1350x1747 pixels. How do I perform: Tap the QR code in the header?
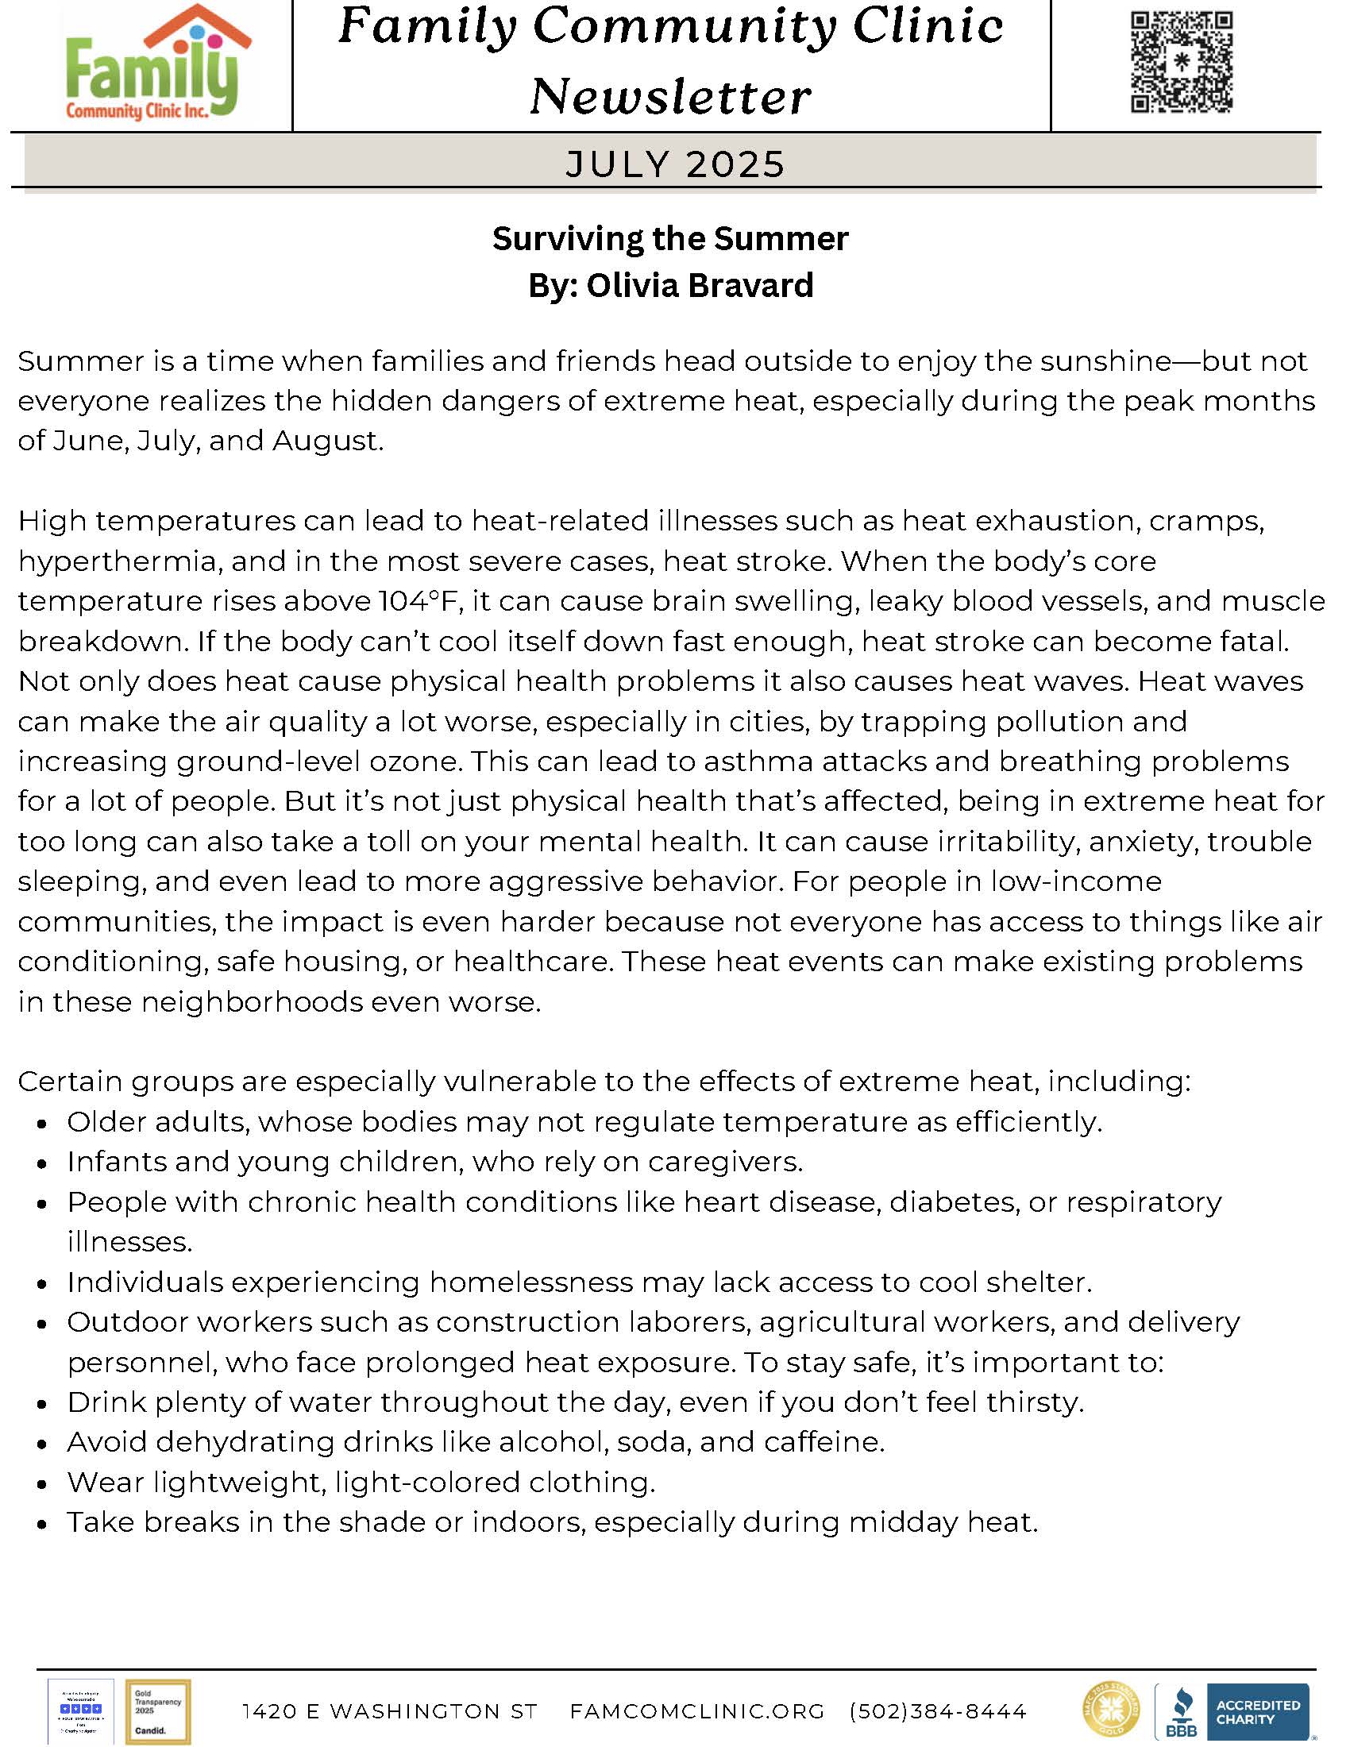click(1182, 63)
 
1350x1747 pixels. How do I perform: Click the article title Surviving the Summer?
click(670, 238)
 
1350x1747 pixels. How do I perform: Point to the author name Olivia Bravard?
click(700, 286)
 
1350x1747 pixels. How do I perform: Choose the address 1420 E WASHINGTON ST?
click(389, 1711)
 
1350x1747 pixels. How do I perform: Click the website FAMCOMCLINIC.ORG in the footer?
click(696, 1711)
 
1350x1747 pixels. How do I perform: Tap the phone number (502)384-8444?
click(938, 1711)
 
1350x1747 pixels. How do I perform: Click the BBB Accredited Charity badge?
click(1232, 1710)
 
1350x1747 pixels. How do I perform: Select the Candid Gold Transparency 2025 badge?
click(157, 1711)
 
